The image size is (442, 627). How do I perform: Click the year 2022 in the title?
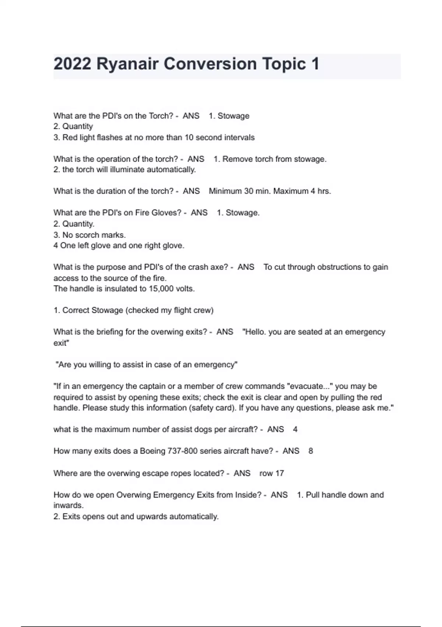[72, 64]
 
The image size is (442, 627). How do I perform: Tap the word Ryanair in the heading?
[127, 64]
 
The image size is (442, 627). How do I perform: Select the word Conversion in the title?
[210, 64]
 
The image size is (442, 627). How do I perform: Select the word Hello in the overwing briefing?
[255, 332]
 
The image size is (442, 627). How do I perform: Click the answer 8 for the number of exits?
[311, 451]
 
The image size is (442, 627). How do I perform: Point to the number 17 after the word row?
[280, 473]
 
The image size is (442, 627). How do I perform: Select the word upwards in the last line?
[152, 517]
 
